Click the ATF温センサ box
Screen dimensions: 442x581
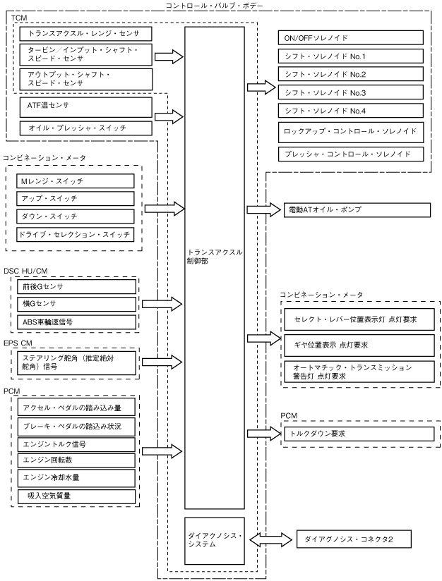[x=86, y=107]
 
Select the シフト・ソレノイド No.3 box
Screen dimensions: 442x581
[x=351, y=92]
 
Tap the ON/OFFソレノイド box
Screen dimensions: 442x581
[x=351, y=38]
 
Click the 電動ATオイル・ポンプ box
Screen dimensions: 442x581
[x=357, y=210]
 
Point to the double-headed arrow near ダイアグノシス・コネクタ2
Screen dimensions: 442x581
[x=270, y=539]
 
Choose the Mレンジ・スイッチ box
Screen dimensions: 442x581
[x=76, y=181]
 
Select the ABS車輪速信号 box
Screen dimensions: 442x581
[x=77, y=322]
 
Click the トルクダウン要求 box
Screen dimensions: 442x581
[x=359, y=434]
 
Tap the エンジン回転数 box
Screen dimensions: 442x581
[x=76, y=460]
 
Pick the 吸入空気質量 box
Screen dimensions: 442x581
[x=76, y=496]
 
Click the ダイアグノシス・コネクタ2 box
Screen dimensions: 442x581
[x=354, y=539]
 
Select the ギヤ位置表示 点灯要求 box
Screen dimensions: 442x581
[x=359, y=345]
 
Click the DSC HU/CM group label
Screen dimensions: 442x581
[x=25, y=271]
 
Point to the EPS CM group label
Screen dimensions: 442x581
[x=18, y=343]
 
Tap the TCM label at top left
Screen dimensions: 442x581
[x=19, y=18]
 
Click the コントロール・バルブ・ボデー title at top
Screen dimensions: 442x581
[x=214, y=6]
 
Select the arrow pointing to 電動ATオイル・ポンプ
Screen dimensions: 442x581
[x=264, y=209]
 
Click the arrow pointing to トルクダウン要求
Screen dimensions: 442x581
[x=264, y=434]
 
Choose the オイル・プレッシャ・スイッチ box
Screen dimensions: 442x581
[x=86, y=128]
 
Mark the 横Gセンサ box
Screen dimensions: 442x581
[x=77, y=304]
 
